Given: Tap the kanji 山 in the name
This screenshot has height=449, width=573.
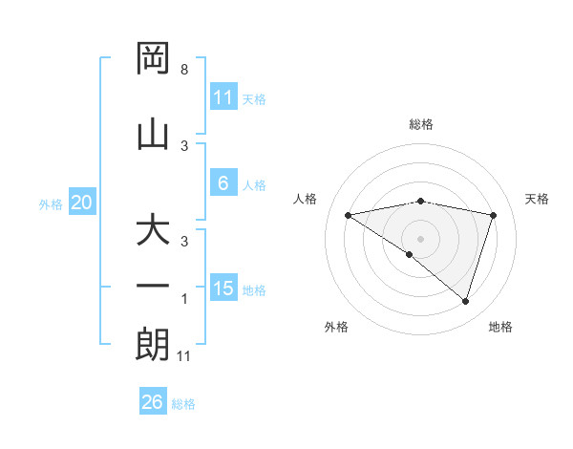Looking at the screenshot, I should point(154,135).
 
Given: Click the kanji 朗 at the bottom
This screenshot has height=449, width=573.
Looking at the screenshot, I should point(154,345).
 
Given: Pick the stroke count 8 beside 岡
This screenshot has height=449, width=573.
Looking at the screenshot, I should point(183,70).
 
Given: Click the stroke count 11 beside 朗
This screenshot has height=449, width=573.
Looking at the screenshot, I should point(185,356).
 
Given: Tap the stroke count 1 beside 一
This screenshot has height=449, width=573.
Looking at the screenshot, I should point(184,299).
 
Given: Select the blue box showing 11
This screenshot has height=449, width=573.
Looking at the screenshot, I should point(223,96).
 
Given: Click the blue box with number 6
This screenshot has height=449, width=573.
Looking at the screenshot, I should point(223,183).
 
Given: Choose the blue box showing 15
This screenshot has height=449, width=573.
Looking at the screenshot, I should point(223,289).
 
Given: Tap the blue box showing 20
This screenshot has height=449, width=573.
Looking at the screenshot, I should point(82,203).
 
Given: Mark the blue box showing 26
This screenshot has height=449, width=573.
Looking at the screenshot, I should point(153,402).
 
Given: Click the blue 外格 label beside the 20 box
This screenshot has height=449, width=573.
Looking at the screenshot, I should point(51,204).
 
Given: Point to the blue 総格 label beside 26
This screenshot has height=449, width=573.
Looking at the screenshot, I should point(183,404).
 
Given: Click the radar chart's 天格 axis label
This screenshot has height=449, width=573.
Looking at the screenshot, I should point(537,199).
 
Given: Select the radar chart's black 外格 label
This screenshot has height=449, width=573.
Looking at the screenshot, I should point(336,327).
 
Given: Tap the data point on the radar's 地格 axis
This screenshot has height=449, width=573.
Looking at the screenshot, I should point(465,301).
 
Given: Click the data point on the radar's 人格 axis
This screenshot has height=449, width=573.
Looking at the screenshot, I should point(348,215).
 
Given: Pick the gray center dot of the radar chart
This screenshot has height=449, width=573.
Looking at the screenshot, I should point(420,238).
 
